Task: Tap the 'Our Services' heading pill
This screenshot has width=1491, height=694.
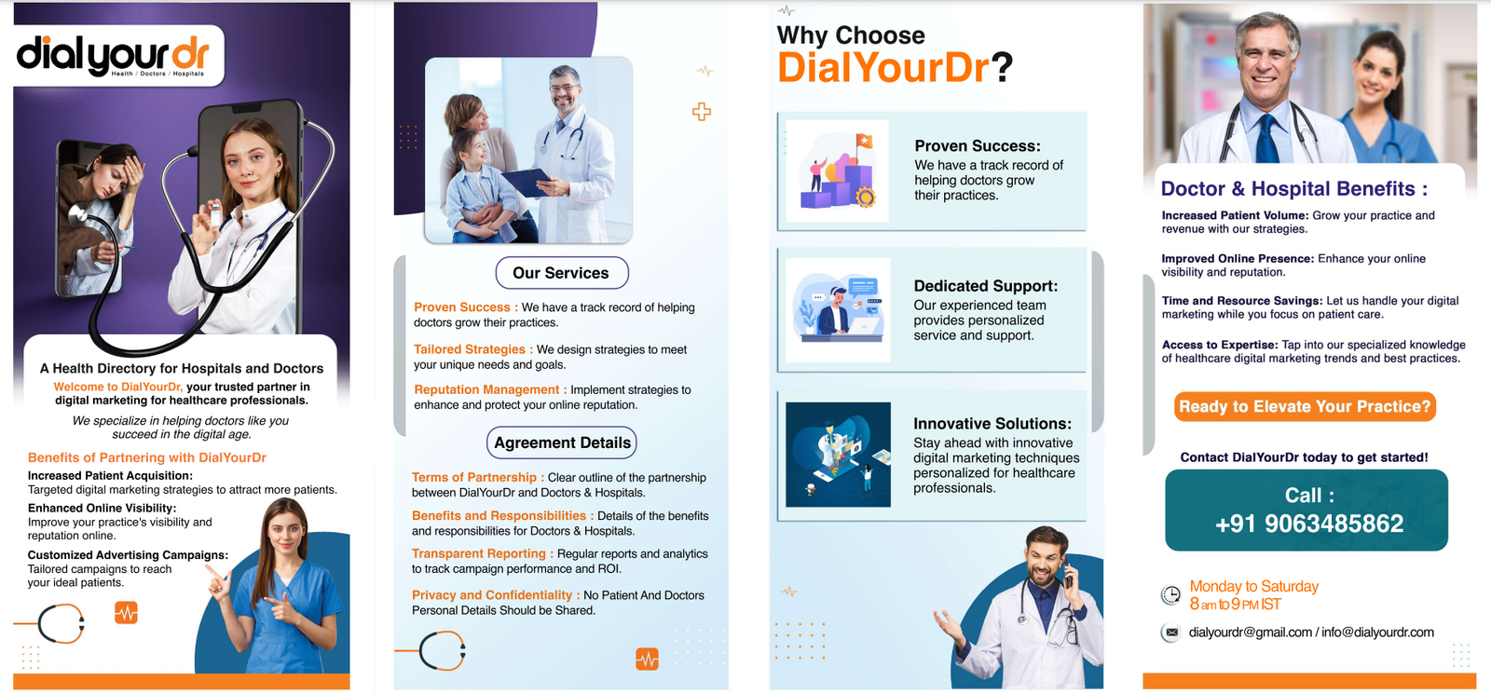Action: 562,273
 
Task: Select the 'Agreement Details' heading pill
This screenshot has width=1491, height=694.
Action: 562,442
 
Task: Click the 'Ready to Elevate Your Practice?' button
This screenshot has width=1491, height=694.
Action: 1305,406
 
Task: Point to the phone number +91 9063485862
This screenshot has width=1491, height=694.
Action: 1309,524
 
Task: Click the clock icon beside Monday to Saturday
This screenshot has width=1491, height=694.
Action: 1170,594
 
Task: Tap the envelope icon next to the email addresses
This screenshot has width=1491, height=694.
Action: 1171,633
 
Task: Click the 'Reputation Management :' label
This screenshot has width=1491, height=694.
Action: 490,390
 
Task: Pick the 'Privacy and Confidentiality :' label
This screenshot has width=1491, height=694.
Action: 496,595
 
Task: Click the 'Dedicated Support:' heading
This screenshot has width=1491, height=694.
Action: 986,286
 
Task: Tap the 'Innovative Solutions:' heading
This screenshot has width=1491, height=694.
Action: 992,424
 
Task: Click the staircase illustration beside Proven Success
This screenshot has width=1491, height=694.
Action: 838,171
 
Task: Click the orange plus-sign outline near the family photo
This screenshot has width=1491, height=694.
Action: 702,112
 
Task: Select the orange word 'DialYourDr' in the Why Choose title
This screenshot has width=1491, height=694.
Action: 883,68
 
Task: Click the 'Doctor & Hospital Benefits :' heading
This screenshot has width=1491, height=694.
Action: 1294,189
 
